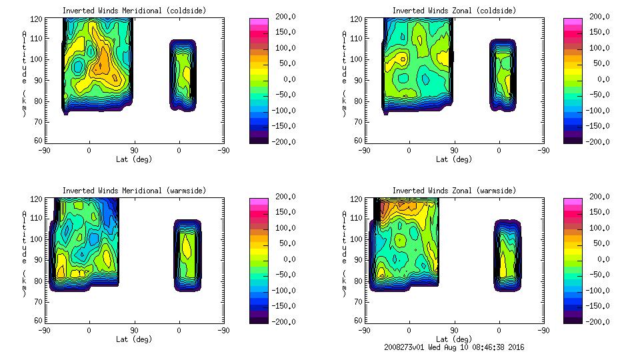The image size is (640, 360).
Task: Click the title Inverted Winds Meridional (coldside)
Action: click(134, 11)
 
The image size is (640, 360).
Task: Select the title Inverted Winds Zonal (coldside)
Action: click(454, 11)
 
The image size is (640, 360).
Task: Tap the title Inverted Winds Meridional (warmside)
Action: click(134, 191)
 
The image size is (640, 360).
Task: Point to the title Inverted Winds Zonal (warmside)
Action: click(454, 191)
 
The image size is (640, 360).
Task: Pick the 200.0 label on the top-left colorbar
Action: click(283, 17)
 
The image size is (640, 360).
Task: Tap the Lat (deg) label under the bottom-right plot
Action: click(454, 339)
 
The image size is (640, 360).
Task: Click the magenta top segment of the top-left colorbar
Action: click(258, 21)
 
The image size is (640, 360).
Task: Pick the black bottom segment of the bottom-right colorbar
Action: click(573, 319)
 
